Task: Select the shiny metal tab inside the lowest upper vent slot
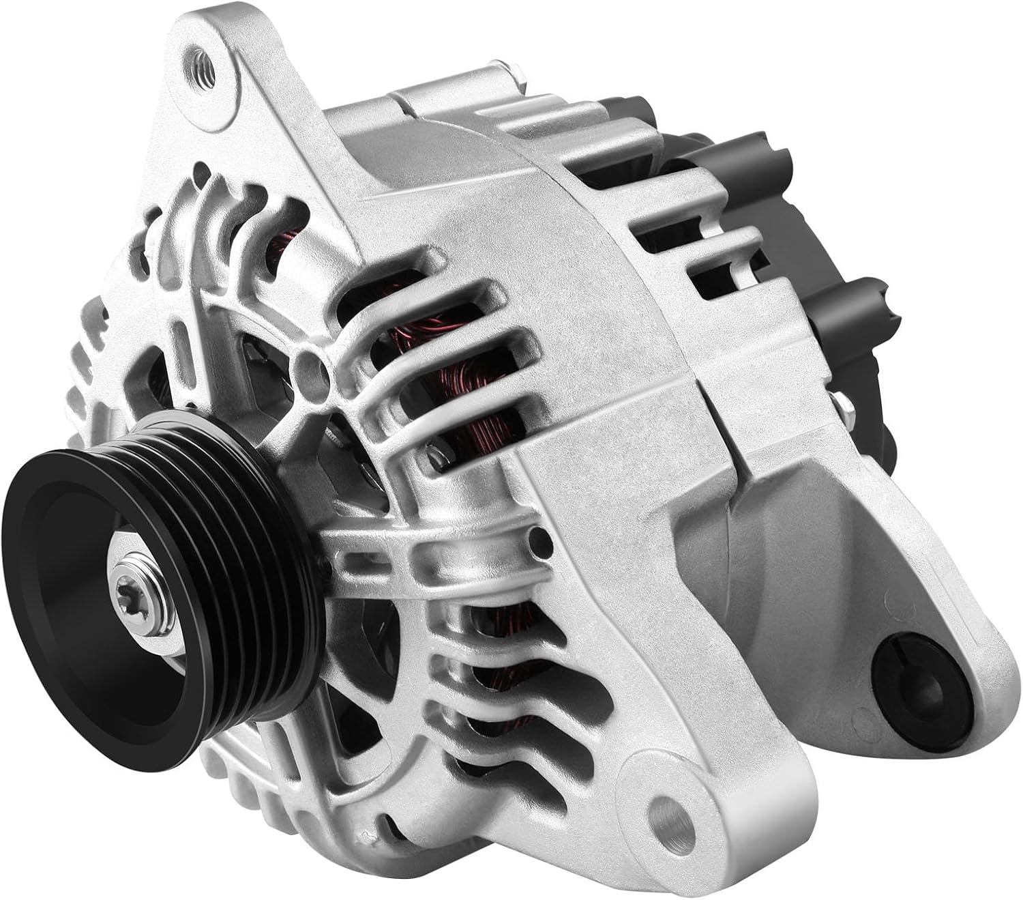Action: (434, 451)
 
